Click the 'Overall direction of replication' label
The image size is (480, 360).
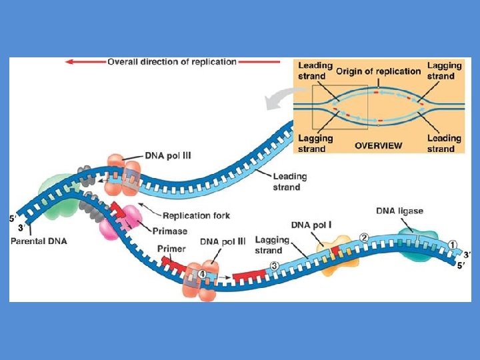[x=172, y=62]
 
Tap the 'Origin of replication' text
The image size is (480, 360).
[x=378, y=71]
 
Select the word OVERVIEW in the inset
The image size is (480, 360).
[x=378, y=145]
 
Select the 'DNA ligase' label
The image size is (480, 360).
[x=399, y=211]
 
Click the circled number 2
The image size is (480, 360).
[x=364, y=237]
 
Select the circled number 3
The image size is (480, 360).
[x=274, y=266]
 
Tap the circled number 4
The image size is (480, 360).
[x=202, y=274]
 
